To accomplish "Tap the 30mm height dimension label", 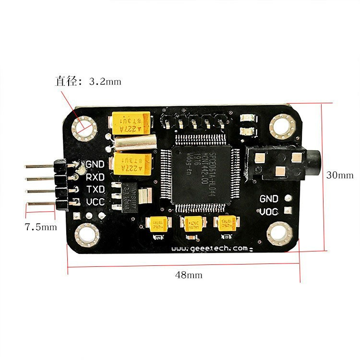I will [339, 175].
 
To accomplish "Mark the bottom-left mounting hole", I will [87, 235].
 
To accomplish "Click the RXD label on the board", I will [95, 177].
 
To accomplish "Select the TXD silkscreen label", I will [95, 189].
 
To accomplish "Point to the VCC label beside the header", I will [95, 202].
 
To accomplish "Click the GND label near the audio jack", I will [269, 198].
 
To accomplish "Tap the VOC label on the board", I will [269, 212].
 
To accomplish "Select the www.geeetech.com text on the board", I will [210, 248].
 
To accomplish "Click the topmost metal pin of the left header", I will [41, 166].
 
